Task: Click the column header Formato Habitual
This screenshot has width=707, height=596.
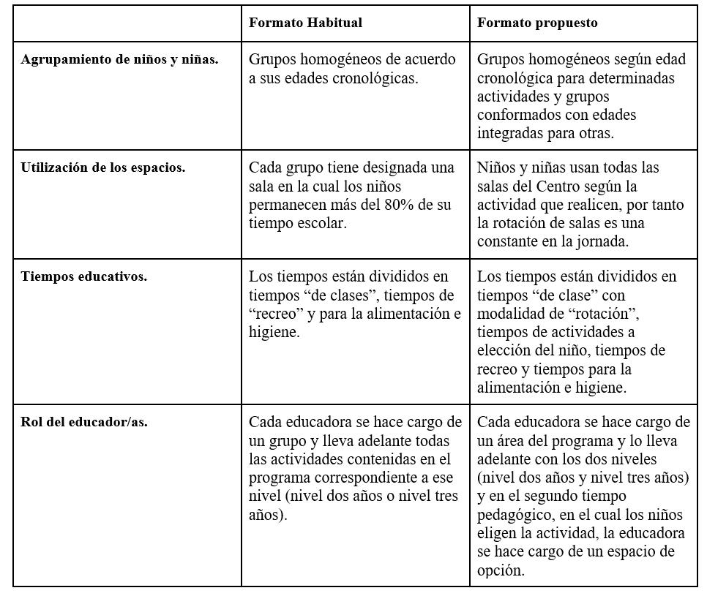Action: tap(305, 23)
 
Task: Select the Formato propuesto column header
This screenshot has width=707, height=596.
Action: tap(537, 23)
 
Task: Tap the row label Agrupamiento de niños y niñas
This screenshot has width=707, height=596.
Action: tap(119, 60)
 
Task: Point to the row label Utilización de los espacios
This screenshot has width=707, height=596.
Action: tap(103, 167)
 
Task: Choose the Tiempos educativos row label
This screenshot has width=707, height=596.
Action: tap(84, 276)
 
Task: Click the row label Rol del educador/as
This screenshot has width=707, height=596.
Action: tap(84, 421)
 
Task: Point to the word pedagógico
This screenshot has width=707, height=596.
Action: tap(515, 515)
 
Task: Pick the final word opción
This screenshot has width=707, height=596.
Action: tap(501, 570)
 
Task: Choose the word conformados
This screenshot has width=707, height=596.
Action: tap(520, 115)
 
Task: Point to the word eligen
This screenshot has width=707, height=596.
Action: tap(498, 533)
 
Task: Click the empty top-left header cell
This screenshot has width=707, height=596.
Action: tap(127, 23)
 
